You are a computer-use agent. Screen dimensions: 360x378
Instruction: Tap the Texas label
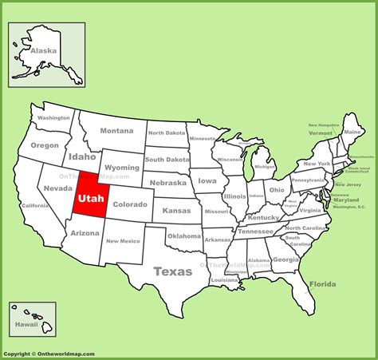click(173, 271)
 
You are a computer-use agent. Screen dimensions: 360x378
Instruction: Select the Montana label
click(116, 131)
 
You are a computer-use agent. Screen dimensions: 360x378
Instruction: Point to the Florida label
click(322, 284)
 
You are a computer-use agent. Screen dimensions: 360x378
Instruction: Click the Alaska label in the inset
click(43, 50)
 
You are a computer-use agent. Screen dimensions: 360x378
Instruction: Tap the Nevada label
click(58, 188)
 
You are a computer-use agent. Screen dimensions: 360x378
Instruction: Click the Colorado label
click(129, 204)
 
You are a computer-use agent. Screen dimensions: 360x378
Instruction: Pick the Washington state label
click(54, 117)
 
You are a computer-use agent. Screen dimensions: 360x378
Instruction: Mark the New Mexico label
click(124, 240)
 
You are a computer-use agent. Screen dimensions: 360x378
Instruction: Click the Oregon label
click(45, 145)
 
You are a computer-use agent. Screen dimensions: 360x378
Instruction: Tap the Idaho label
click(82, 157)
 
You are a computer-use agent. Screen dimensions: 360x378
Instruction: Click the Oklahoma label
click(184, 235)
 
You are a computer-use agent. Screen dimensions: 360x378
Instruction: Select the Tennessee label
click(256, 231)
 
